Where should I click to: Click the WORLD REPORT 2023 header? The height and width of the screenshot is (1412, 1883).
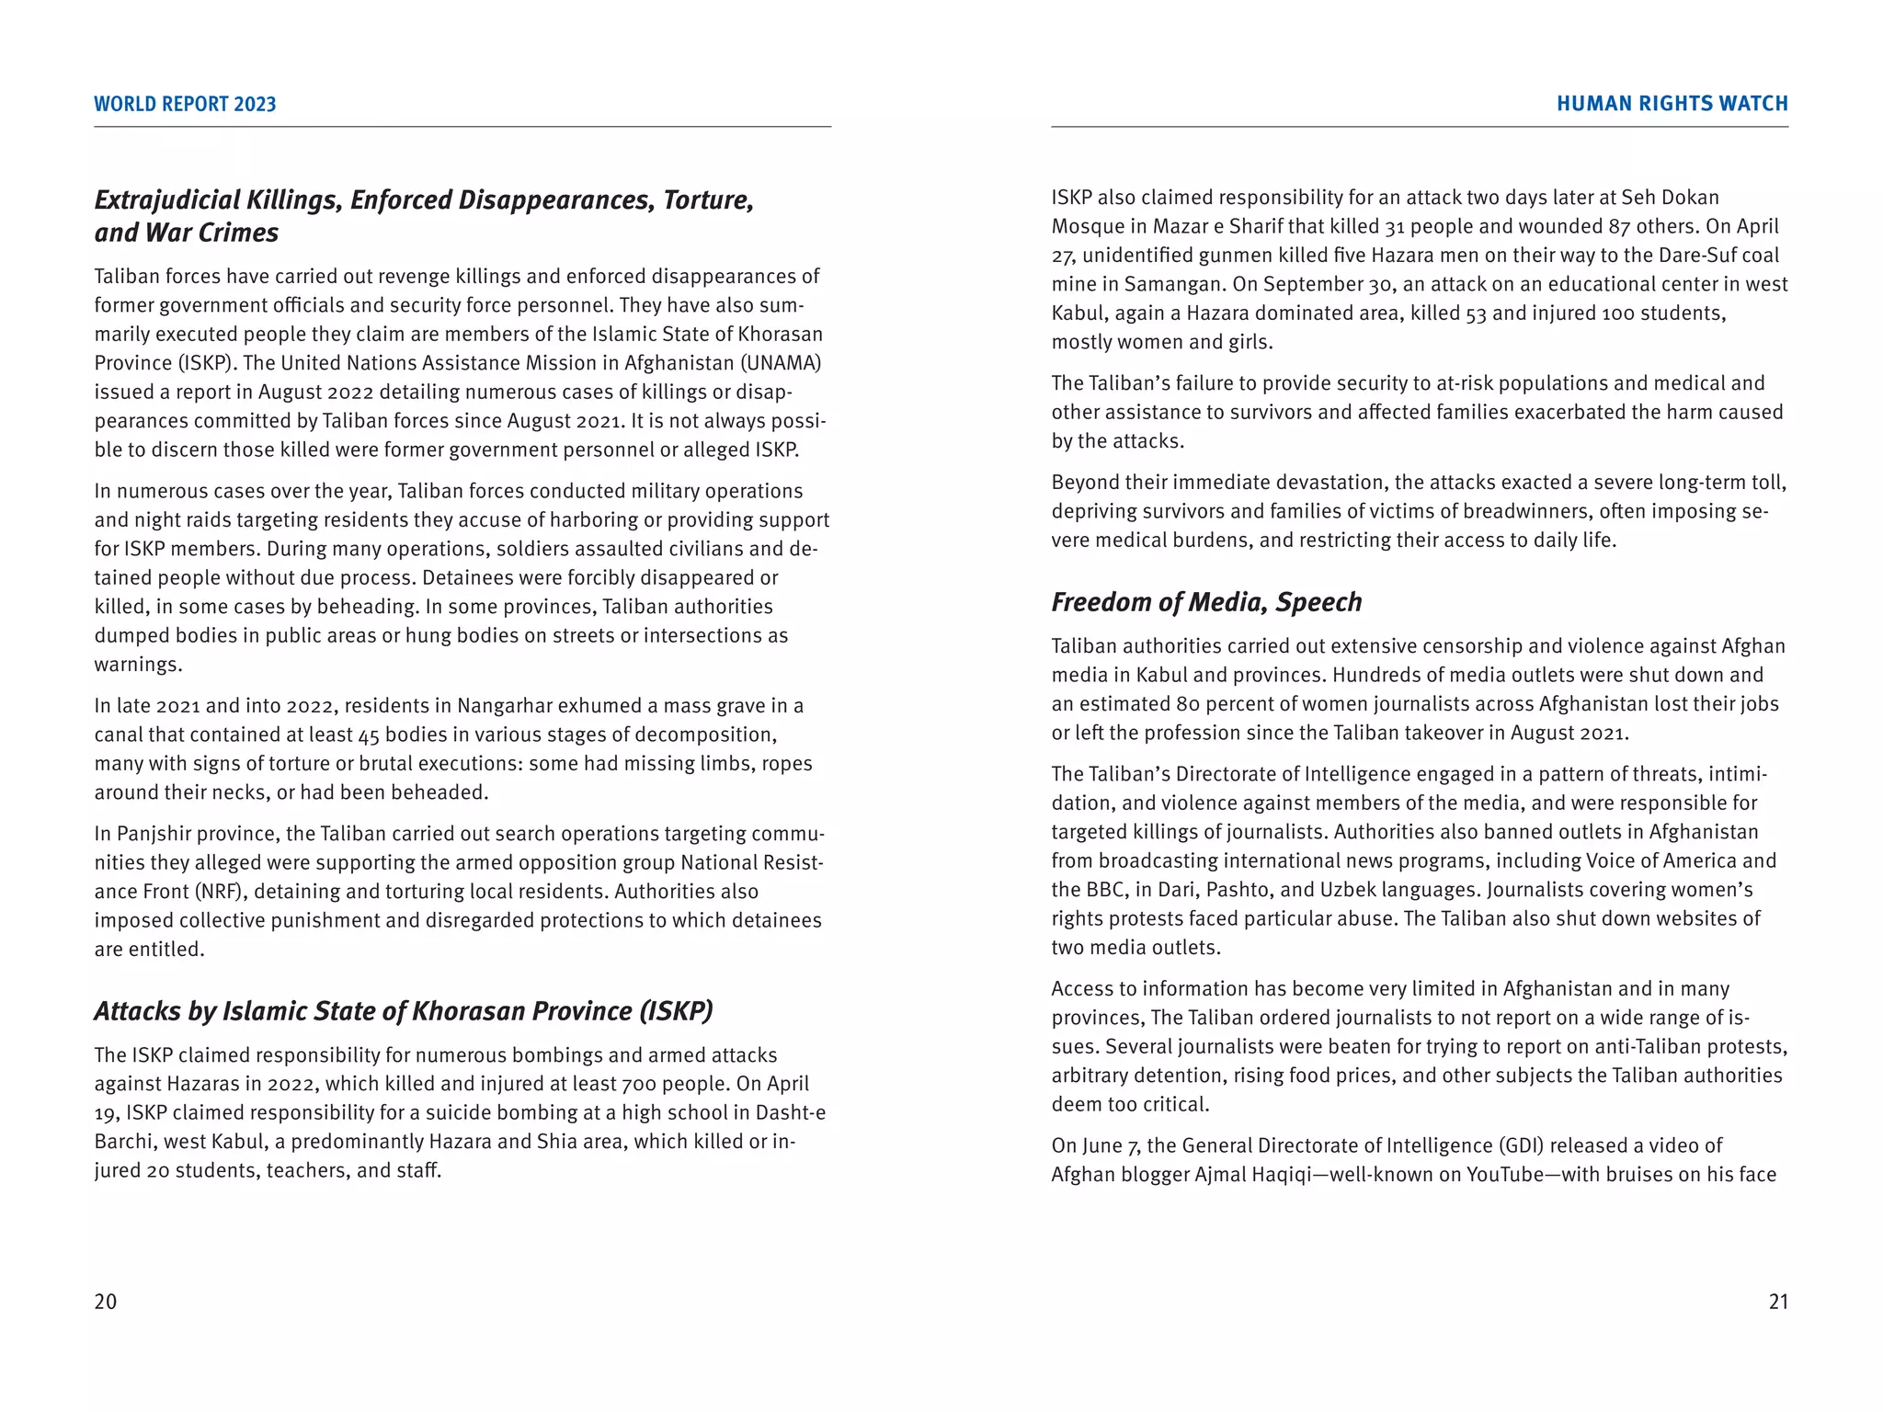click(185, 104)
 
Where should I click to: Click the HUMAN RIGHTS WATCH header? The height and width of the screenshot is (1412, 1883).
click(1672, 104)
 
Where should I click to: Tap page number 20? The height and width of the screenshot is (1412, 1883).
click(106, 1302)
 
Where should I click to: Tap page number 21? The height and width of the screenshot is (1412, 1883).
click(1778, 1302)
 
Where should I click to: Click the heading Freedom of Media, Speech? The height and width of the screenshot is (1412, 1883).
click(1206, 602)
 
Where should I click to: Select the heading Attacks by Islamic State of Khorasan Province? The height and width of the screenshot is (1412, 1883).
click(403, 1011)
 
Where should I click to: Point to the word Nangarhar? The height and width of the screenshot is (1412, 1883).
click(508, 706)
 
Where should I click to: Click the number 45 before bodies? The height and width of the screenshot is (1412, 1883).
click(369, 735)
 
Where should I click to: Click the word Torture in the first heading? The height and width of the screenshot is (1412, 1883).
click(708, 200)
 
